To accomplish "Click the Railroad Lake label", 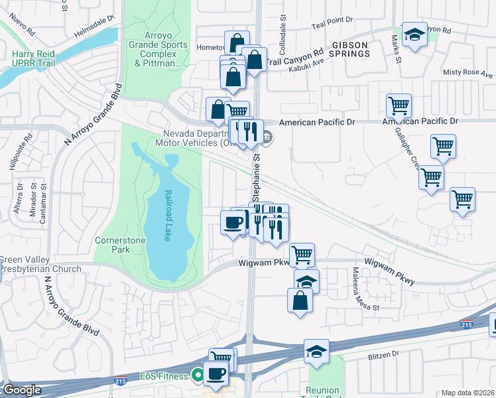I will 168,216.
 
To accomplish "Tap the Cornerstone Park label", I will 111,245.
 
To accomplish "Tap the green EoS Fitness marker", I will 197,376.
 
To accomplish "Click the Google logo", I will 22,390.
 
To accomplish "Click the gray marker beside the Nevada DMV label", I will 267,137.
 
